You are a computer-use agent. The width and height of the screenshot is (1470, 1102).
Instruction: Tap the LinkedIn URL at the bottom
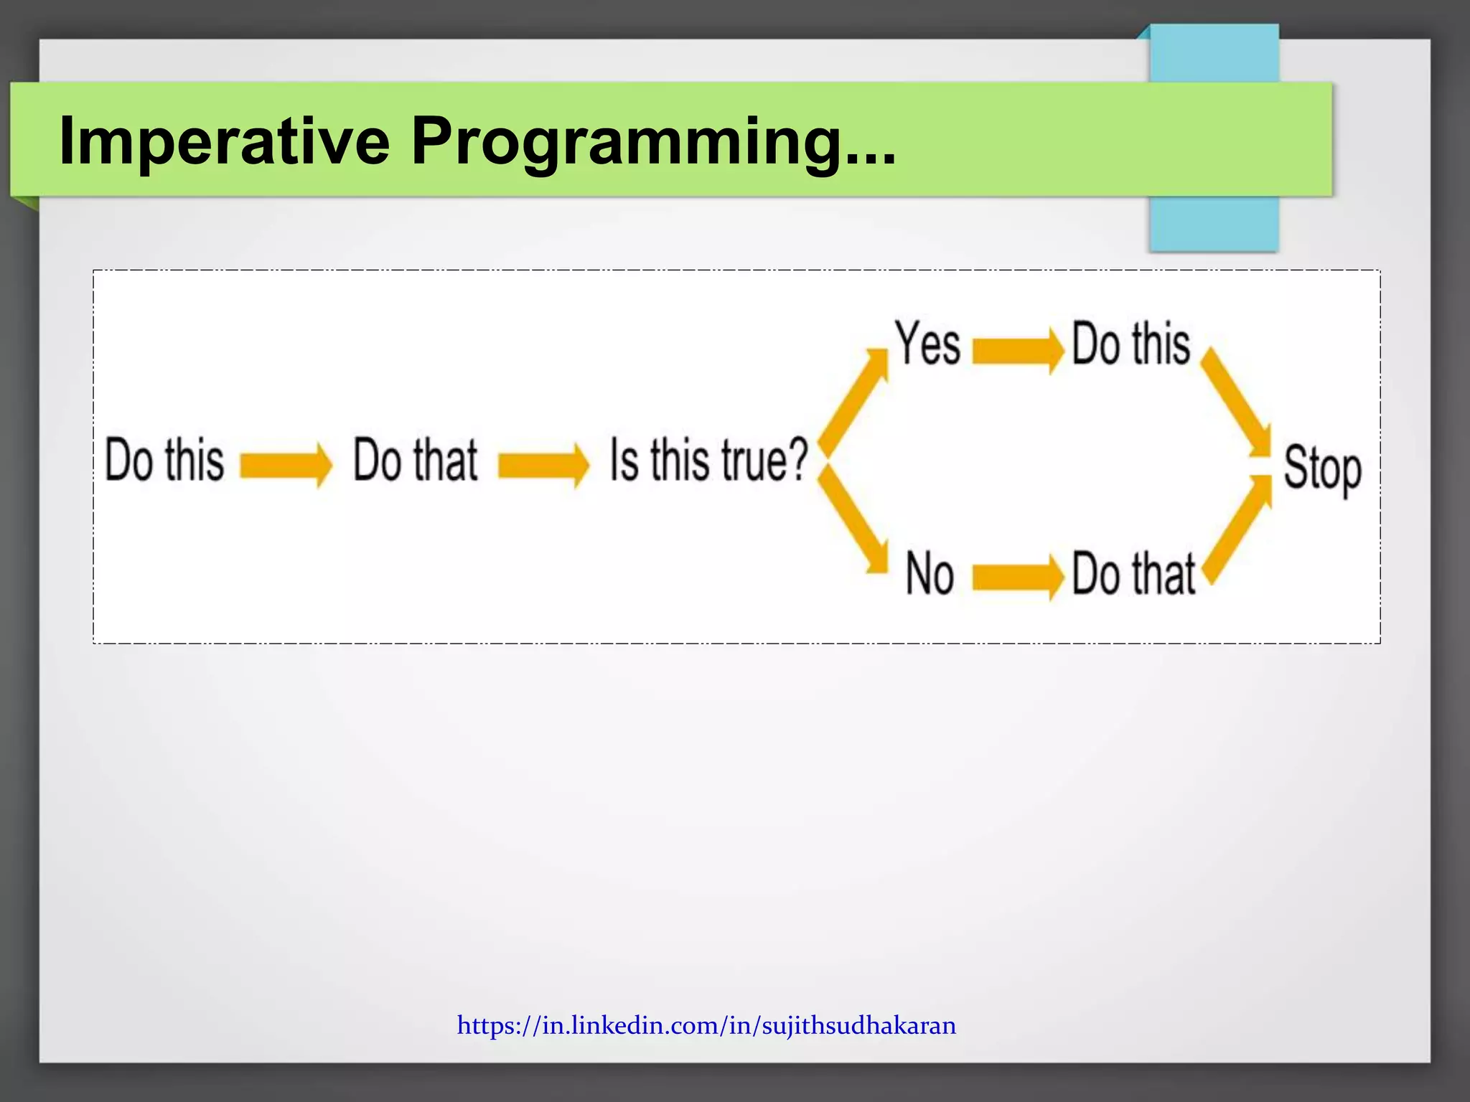pos(706,1025)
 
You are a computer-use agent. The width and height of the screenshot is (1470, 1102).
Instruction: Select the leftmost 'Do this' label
pos(164,460)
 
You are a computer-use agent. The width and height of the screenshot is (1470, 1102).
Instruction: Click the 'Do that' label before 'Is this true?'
pos(415,460)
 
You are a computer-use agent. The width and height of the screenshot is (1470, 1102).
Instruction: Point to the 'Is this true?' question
pos(708,460)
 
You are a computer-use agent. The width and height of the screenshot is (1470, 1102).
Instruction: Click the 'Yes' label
pos(927,344)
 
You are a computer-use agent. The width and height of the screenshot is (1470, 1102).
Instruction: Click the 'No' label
pos(930,573)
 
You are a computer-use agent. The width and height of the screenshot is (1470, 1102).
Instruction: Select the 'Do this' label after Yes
pos(1130,344)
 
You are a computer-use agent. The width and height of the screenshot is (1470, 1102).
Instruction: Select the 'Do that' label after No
pos(1133,574)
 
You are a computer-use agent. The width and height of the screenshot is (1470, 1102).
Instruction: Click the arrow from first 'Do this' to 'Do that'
pos(286,464)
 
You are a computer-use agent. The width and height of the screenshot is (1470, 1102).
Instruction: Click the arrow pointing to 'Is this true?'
pos(543,464)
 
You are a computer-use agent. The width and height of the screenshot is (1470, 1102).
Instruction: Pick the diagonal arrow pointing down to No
pos(853,520)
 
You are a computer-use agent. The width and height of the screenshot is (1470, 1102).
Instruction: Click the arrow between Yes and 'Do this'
pos(1017,351)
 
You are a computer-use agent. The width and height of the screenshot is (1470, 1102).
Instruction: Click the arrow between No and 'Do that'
pos(1017,577)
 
